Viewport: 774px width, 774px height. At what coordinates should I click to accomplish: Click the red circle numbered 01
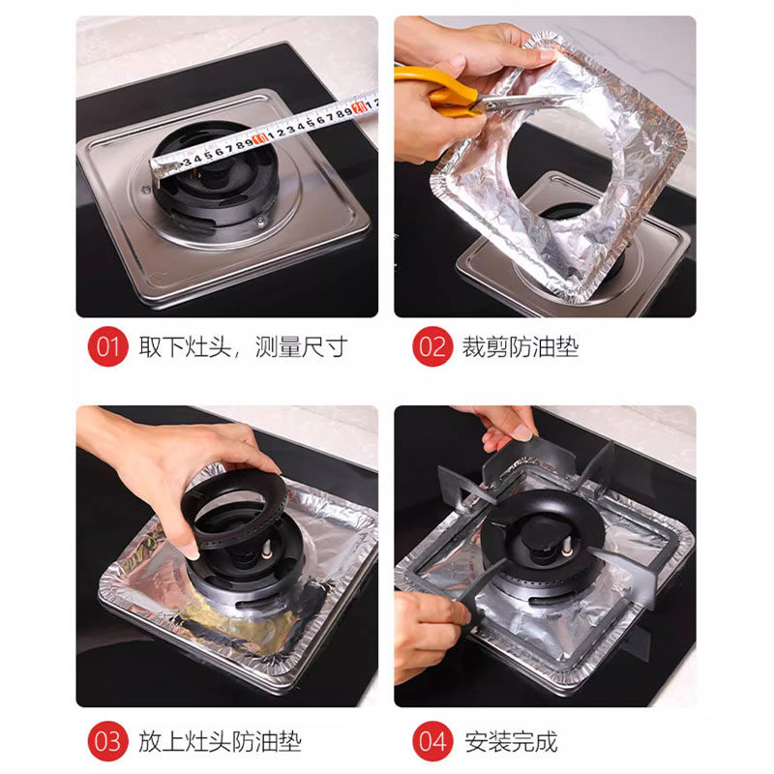point(107,346)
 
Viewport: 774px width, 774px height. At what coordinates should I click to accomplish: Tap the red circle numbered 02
point(432,346)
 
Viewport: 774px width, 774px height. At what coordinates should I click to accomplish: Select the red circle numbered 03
point(107,741)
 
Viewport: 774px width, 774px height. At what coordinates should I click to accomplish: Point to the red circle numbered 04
point(432,741)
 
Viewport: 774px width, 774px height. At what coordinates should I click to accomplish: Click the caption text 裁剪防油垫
point(521,346)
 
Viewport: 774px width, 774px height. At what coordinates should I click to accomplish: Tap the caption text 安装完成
point(511,741)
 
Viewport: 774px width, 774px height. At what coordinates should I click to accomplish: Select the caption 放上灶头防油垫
point(220,741)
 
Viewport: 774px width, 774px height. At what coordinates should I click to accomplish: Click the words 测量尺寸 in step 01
point(301,346)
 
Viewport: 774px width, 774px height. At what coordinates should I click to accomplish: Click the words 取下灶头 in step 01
point(185,346)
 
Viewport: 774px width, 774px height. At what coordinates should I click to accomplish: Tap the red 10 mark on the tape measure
point(259,136)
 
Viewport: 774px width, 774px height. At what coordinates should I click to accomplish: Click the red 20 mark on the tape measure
point(359,105)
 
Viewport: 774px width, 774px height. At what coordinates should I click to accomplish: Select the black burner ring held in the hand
point(233,509)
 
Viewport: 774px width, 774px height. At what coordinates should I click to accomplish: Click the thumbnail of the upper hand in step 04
point(522,432)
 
